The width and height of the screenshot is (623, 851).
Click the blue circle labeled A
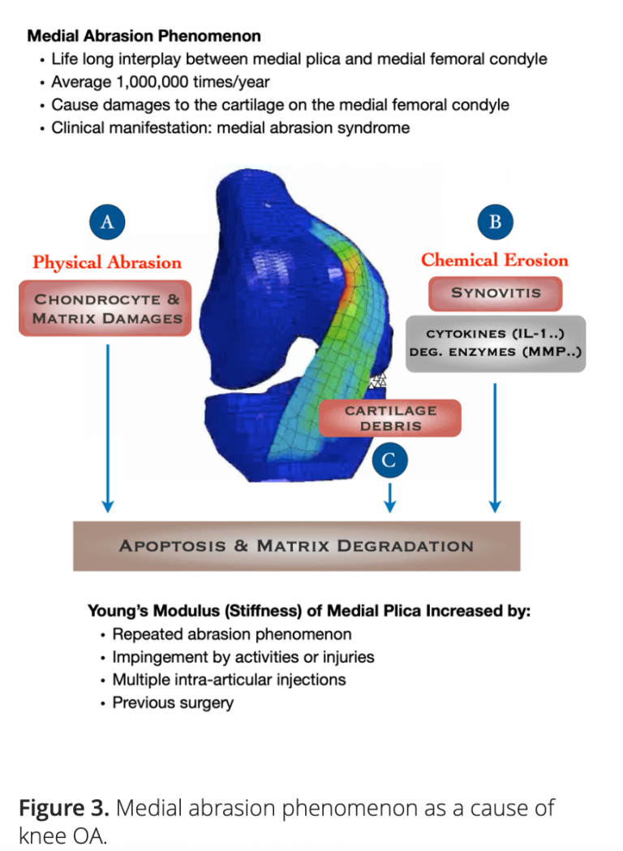tap(106, 222)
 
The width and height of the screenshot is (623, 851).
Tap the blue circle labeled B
tap(495, 222)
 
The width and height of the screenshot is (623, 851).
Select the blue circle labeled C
tap(389, 460)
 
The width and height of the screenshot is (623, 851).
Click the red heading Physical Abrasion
tap(107, 262)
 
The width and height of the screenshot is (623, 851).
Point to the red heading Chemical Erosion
tap(495, 261)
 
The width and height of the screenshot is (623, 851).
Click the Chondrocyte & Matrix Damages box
tap(107, 309)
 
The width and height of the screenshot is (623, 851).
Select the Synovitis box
tap(495, 292)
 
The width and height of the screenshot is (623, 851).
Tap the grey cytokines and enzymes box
tap(495, 343)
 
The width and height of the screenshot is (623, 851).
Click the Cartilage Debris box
tap(390, 418)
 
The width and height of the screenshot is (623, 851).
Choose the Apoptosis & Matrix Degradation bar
tap(296, 546)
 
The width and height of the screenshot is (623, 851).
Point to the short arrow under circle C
tap(389, 495)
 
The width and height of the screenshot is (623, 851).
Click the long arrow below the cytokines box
tap(495, 447)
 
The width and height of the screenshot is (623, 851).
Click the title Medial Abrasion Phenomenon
tap(144, 37)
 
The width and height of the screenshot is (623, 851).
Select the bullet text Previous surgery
tap(173, 702)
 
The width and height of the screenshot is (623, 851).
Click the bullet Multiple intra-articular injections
tap(229, 680)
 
